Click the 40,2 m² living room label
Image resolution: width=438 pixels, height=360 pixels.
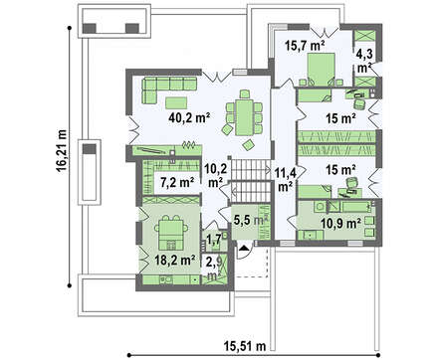coord(189,117)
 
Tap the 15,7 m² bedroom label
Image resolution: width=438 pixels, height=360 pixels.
coord(305,45)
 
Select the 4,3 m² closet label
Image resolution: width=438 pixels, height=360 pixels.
coord(364,61)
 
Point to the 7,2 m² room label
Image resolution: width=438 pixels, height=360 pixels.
coord(177,182)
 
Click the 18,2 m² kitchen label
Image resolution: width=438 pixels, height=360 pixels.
coord(175,261)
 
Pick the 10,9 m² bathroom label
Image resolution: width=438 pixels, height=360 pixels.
coord(340,224)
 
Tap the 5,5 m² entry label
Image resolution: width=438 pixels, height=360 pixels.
coord(251,220)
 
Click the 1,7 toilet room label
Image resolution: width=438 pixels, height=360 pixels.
coord(214,240)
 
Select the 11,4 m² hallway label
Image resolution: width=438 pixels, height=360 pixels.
coord(285,180)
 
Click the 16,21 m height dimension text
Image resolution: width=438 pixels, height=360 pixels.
coord(62,150)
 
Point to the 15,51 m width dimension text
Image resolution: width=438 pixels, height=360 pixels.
coord(244,347)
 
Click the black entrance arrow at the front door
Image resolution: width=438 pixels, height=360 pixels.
coord(244,247)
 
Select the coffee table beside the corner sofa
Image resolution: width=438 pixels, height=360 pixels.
coord(175,102)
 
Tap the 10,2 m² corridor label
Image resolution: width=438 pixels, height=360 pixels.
coord(216,175)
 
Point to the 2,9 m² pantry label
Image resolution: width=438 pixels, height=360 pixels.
coord(214,268)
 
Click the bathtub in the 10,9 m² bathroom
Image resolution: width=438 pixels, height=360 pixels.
coord(357,207)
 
